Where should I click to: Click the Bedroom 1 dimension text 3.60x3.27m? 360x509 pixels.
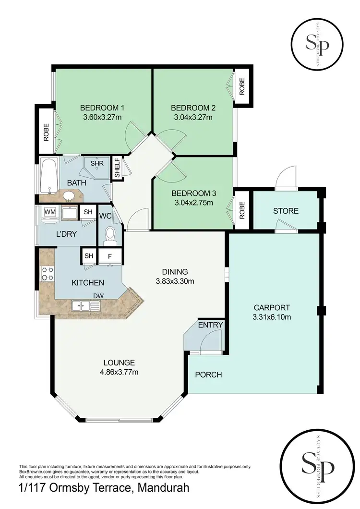(102, 116)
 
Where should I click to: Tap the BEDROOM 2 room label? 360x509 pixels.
(192, 108)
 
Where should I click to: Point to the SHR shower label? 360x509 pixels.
(97, 163)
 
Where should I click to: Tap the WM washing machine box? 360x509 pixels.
(50, 212)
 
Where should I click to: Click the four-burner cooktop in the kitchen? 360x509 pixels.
(48, 273)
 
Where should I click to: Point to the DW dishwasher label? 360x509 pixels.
(99, 296)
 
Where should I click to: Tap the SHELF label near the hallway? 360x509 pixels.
(116, 168)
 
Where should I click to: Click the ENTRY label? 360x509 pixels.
(210, 325)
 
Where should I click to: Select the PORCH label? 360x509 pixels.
(208, 375)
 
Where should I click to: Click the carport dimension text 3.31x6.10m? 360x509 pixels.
(273, 316)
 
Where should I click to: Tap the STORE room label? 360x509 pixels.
(286, 211)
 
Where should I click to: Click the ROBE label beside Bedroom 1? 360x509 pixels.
(47, 132)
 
